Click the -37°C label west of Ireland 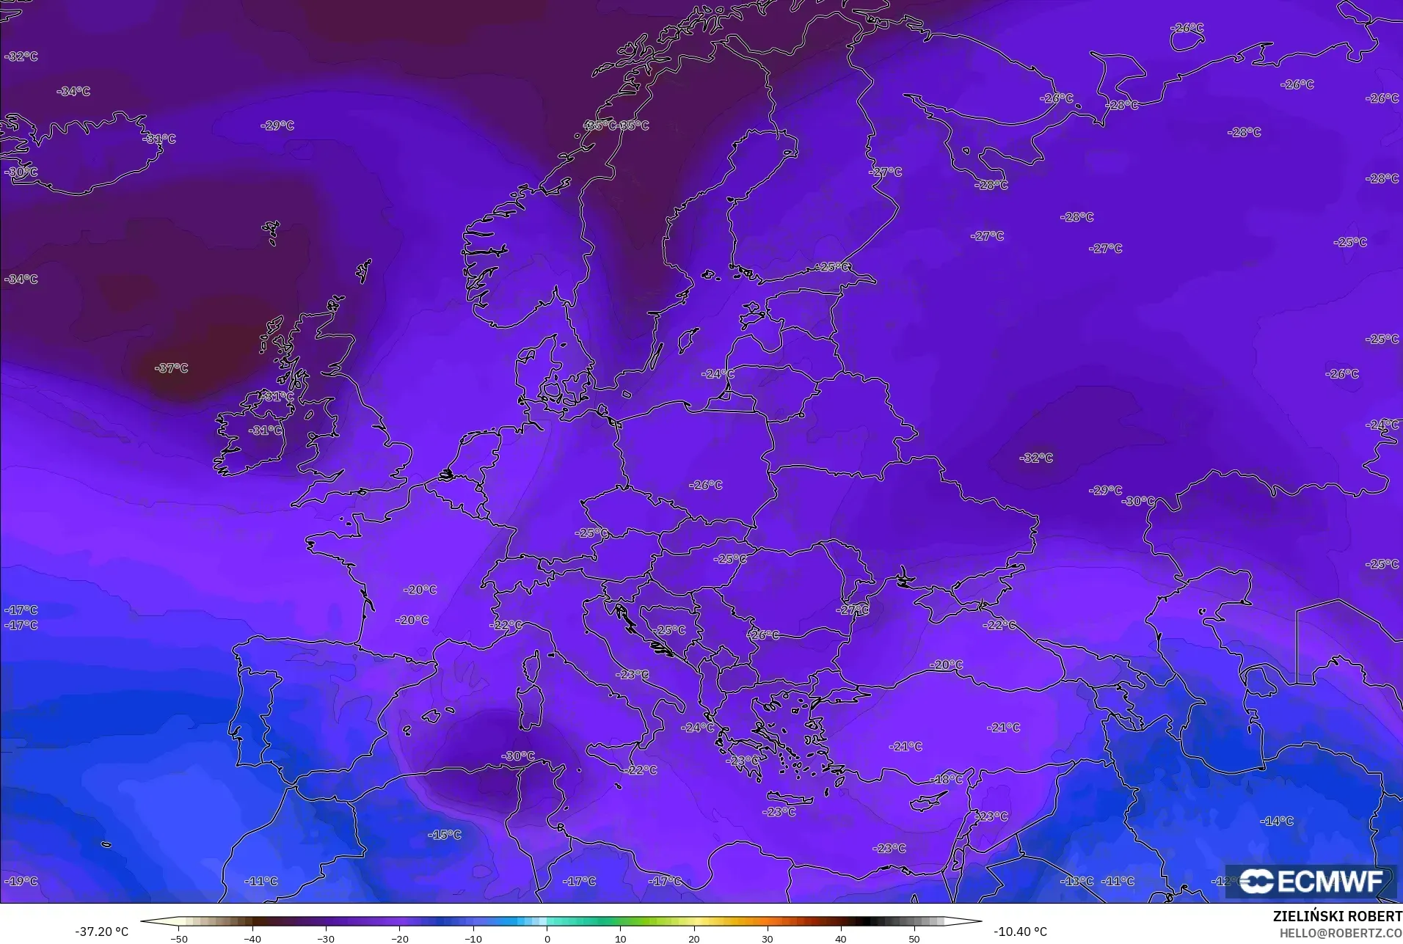pyautogui.click(x=172, y=368)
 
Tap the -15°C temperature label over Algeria pyautogui.click(x=445, y=835)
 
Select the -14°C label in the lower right pyautogui.click(x=1277, y=821)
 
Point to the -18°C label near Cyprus pyautogui.click(x=947, y=779)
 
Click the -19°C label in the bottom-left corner pyautogui.click(x=21, y=881)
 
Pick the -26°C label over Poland pyautogui.click(x=706, y=485)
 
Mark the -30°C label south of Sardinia pyautogui.click(x=518, y=756)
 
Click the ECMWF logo pyautogui.click(x=1311, y=882)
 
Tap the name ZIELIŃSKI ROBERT pyautogui.click(x=1337, y=917)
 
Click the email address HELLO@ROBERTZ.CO pyautogui.click(x=1341, y=933)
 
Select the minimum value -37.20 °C pyautogui.click(x=101, y=932)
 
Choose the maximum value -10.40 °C pyautogui.click(x=1020, y=932)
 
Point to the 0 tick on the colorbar pyautogui.click(x=547, y=939)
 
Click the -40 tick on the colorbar pyautogui.click(x=252, y=939)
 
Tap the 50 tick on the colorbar pyautogui.click(x=914, y=939)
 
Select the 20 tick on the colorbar pyautogui.click(x=694, y=939)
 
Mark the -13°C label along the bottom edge pyautogui.click(x=1078, y=881)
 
